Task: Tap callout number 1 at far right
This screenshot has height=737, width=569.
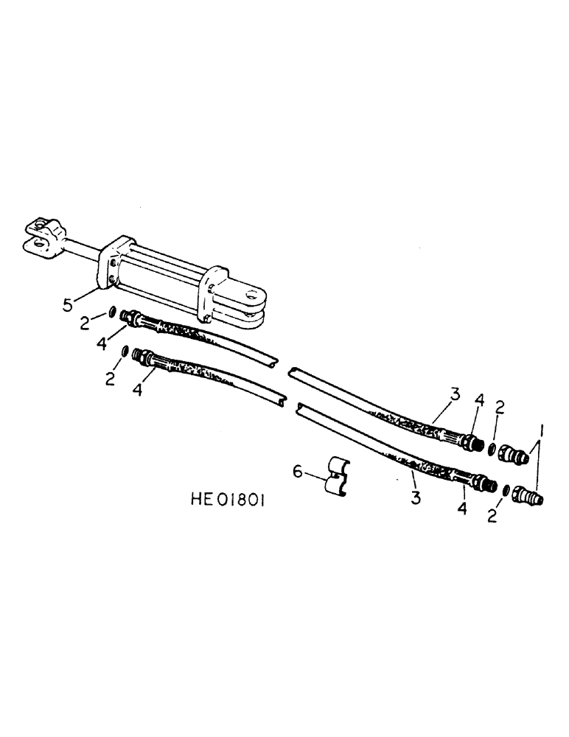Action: click(x=544, y=428)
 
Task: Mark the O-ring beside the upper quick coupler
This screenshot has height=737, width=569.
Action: click(x=491, y=449)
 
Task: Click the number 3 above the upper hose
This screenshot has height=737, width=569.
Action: click(x=455, y=395)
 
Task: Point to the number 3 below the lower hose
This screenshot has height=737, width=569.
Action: click(x=416, y=498)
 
